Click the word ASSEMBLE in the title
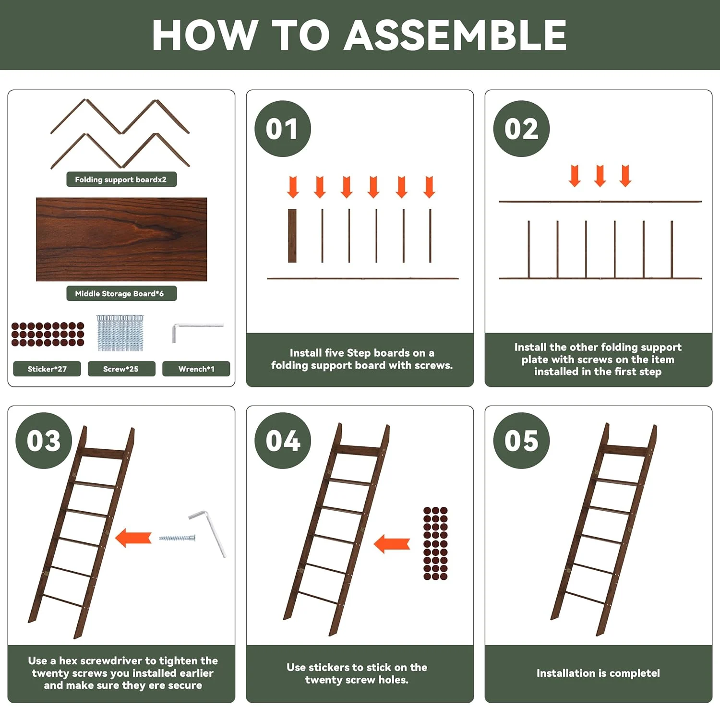pyautogui.click(x=455, y=35)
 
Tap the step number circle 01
pyautogui.click(x=283, y=129)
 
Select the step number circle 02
pyautogui.click(x=521, y=129)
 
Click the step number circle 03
pyautogui.click(x=44, y=441)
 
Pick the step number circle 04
pyautogui.click(x=283, y=441)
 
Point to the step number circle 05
pyautogui.click(x=521, y=441)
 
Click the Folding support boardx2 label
pyautogui.click(x=121, y=180)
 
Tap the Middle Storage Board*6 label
pyautogui.click(x=121, y=293)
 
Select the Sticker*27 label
pyautogui.click(x=47, y=369)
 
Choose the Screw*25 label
pyautogui.click(x=121, y=369)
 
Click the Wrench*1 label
pyautogui.click(x=196, y=369)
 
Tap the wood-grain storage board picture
pyautogui.click(x=121, y=239)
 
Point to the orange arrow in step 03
pyautogui.click(x=133, y=538)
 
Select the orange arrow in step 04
pyautogui.click(x=392, y=544)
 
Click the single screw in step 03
pyautogui.click(x=177, y=538)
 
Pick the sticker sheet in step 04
pyautogui.click(x=435, y=543)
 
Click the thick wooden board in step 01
pyautogui.click(x=292, y=236)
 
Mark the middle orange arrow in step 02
pyautogui.click(x=600, y=176)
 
